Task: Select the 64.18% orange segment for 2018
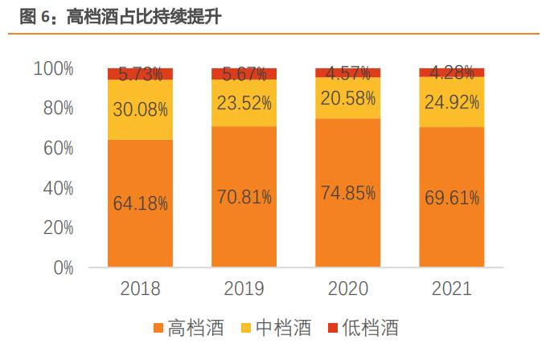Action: click(x=141, y=203)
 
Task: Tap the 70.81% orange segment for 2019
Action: click(x=244, y=197)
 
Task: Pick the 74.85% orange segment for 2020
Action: click(x=347, y=193)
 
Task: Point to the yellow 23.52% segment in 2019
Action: click(x=244, y=103)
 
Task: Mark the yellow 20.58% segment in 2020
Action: click(x=347, y=98)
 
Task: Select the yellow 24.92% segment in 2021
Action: click(x=451, y=102)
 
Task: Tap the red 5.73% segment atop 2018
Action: click(x=141, y=75)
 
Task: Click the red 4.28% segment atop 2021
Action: click(x=451, y=73)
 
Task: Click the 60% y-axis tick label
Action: click(x=58, y=149)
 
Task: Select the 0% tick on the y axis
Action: click(x=64, y=268)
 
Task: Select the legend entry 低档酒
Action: click(x=361, y=329)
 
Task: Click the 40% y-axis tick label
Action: click(x=58, y=188)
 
